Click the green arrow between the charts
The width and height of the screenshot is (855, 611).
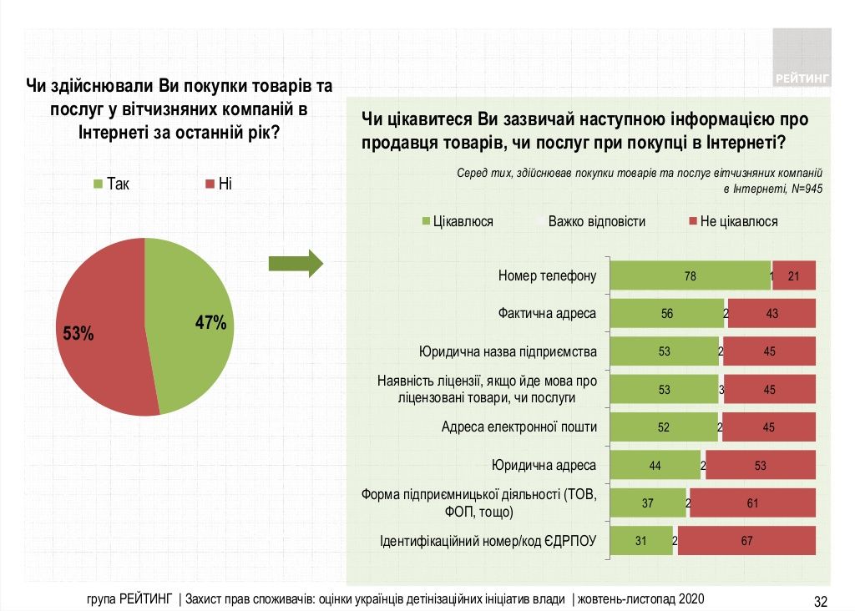click(x=295, y=263)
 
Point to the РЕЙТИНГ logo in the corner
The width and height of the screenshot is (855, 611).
click(x=802, y=58)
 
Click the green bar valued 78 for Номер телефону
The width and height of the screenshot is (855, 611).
click(x=690, y=276)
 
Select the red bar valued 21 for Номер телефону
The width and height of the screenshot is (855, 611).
click(x=794, y=276)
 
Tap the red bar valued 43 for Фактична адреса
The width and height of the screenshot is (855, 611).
click(x=772, y=313)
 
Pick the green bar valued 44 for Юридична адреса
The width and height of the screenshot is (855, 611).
click(x=655, y=466)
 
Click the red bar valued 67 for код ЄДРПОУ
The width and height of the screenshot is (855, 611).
click(x=746, y=541)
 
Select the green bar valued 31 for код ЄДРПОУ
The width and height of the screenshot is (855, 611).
click(x=641, y=541)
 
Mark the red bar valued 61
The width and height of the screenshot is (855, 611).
click(x=752, y=503)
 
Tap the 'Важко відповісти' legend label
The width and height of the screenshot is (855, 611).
click(x=596, y=221)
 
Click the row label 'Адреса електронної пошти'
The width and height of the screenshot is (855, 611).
click(x=519, y=427)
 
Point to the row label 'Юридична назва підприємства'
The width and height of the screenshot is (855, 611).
click(x=508, y=351)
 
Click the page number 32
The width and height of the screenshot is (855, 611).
click(x=820, y=600)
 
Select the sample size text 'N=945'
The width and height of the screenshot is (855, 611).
click(x=807, y=188)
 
